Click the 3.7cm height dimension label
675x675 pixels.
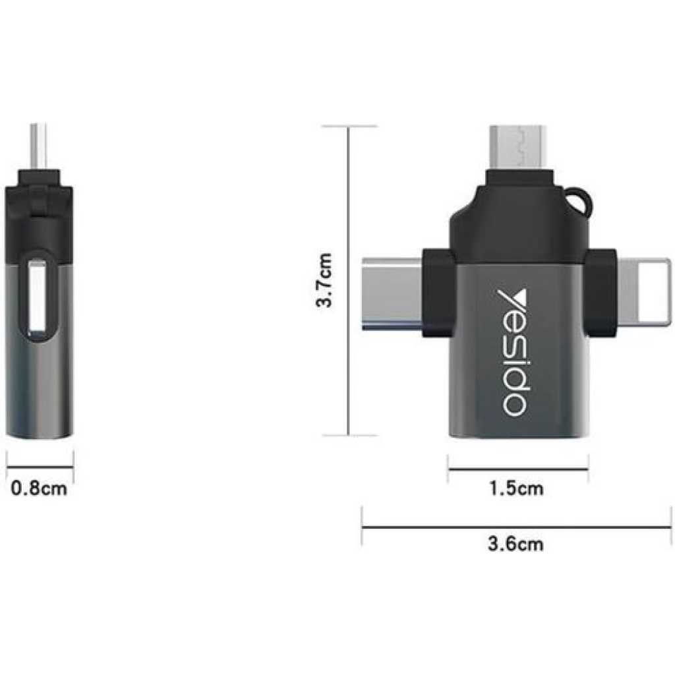point(324,281)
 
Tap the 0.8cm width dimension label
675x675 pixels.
point(40,489)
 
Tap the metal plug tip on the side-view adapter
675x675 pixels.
point(40,145)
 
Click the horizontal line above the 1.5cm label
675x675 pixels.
point(518,469)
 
